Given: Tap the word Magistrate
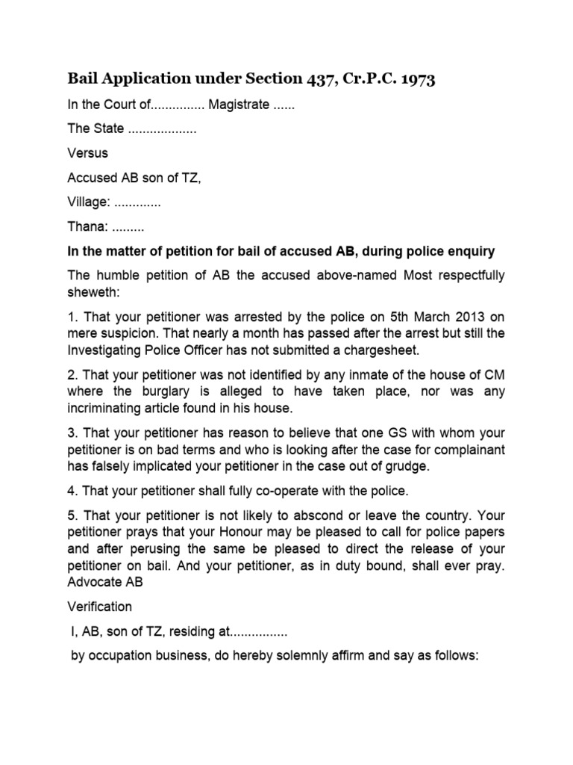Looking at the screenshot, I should pos(238,105).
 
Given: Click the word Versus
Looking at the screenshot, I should pos(87,152).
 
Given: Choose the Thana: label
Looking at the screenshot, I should pos(87,226).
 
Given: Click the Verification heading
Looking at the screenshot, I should pos(99,607).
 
